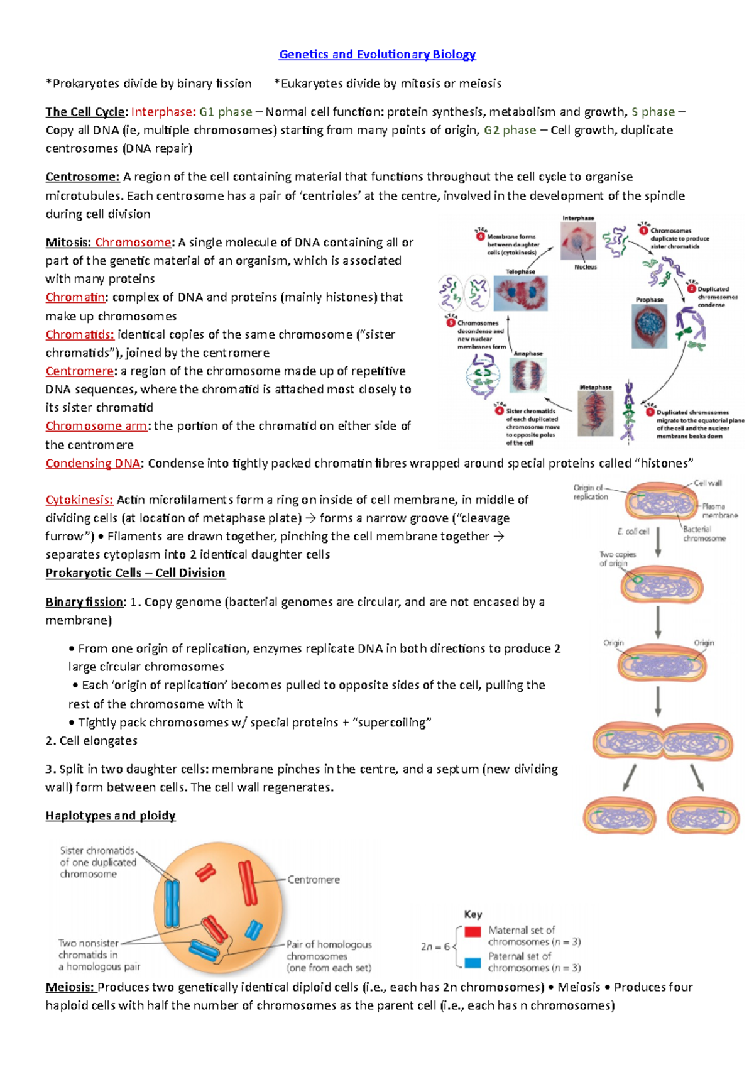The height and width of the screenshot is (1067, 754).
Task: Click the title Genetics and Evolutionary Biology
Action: (377, 55)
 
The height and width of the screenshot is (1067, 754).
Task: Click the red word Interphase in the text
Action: (163, 112)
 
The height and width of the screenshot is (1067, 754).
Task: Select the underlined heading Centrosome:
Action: (82, 177)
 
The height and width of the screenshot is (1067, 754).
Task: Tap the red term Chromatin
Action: (75, 297)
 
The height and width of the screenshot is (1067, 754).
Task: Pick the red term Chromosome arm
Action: (97, 426)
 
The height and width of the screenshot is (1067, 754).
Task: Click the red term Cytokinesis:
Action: (79, 500)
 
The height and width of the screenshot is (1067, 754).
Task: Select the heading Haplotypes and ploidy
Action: (111, 816)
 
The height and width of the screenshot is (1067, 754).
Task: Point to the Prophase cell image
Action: (649, 326)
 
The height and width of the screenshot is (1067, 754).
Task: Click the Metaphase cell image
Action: (595, 413)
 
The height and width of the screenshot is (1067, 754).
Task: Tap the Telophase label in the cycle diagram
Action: (520, 271)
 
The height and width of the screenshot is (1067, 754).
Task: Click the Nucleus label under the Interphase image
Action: (585, 267)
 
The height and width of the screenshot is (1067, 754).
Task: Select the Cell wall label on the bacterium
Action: (708, 483)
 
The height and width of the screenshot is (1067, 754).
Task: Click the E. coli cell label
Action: (633, 532)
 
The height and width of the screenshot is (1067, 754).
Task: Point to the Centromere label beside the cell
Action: (314, 880)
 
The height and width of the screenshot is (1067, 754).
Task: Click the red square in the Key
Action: (473, 931)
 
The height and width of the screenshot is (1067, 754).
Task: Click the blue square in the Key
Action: (473, 962)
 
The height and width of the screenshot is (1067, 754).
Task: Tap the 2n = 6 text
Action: (435, 946)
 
